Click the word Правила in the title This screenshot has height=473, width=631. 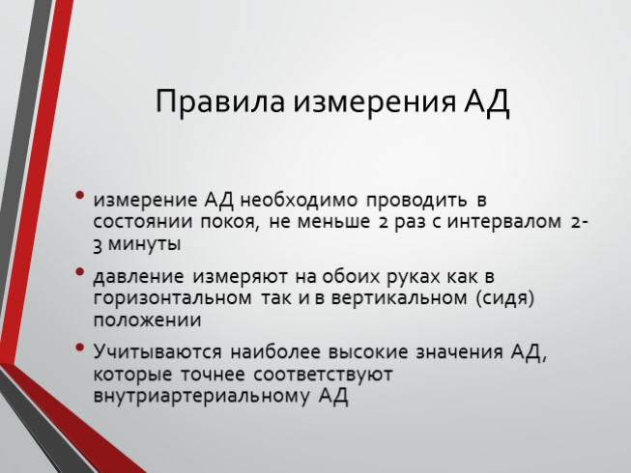click(x=220, y=102)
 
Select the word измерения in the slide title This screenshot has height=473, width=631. click(x=374, y=102)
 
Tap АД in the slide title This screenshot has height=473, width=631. click(x=487, y=102)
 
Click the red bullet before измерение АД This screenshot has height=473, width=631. click(x=79, y=195)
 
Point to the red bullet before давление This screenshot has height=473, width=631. click(x=79, y=271)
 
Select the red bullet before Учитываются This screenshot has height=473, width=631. click(x=79, y=347)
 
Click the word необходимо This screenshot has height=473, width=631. click(x=299, y=200)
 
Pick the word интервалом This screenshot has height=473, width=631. click(x=503, y=222)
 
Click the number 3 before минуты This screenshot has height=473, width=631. click(x=97, y=245)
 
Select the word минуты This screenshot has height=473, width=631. click(x=145, y=244)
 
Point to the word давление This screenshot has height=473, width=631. click(x=138, y=277)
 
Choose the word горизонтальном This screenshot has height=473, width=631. click(x=173, y=298)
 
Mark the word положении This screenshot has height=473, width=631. click(x=147, y=320)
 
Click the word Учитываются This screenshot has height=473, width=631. click(x=158, y=352)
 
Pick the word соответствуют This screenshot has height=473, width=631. click(x=323, y=375)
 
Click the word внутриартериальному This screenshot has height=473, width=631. click(x=202, y=396)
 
